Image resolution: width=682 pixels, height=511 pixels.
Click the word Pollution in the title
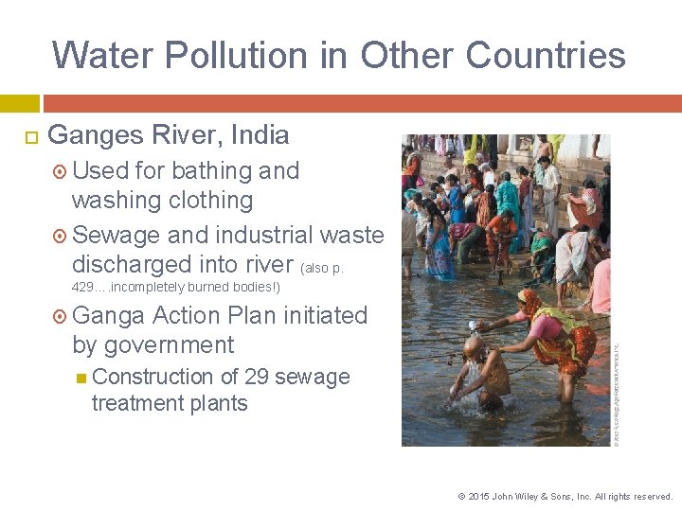(x=224, y=55)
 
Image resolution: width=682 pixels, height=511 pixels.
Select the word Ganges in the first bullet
(x=96, y=134)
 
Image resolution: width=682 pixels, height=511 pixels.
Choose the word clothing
(x=206, y=200)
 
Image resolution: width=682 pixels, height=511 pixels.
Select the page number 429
(x=82, y=287)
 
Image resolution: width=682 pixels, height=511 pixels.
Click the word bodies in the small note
(x=247, y=287)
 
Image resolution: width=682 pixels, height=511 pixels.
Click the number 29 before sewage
(x=256, y=376)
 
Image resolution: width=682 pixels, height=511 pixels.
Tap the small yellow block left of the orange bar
(x=19, y=103)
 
